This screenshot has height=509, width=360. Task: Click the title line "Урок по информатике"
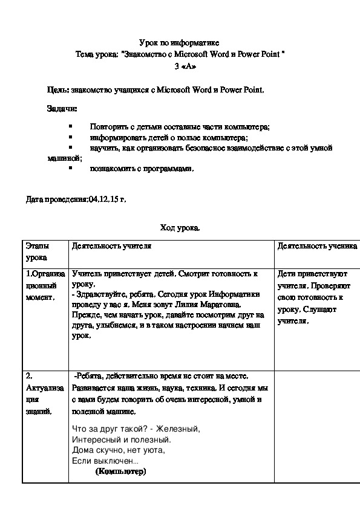pyautogui.click(x=179, y=42)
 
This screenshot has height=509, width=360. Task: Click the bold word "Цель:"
pyautogui.click(x=58, y=89)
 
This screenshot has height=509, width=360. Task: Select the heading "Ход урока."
pyautogui.click(x=180, y=228)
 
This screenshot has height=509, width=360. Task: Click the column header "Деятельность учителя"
pyautogui.click(x=111, y=247)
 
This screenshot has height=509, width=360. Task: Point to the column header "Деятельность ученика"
pyautogui.click(x=318, y=247)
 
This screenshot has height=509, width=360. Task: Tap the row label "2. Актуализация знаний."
pyautogui.click(x=40, y=394)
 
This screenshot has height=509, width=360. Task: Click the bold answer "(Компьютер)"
pyautogui.click(x=120, y=472)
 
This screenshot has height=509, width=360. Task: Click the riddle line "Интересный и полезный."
pyautogui.click(x=121, y=439)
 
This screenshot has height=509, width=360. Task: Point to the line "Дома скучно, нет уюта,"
pyautogui.click(x=118, y=450)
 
